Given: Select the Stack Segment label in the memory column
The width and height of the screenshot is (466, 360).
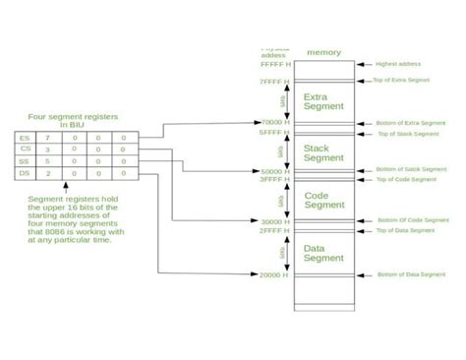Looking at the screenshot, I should click(x=323, y=151).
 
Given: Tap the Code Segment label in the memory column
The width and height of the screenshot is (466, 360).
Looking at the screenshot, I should click(x=323, y=200).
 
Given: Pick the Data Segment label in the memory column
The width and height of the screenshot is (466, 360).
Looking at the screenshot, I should click(x=323, y=253).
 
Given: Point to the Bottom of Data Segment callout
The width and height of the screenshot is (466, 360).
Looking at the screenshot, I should click(x=411, y=274).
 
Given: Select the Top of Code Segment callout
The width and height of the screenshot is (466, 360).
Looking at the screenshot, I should click(x=406, y=180).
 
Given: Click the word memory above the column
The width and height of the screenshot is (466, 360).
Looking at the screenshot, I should click(x=323, y=52).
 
